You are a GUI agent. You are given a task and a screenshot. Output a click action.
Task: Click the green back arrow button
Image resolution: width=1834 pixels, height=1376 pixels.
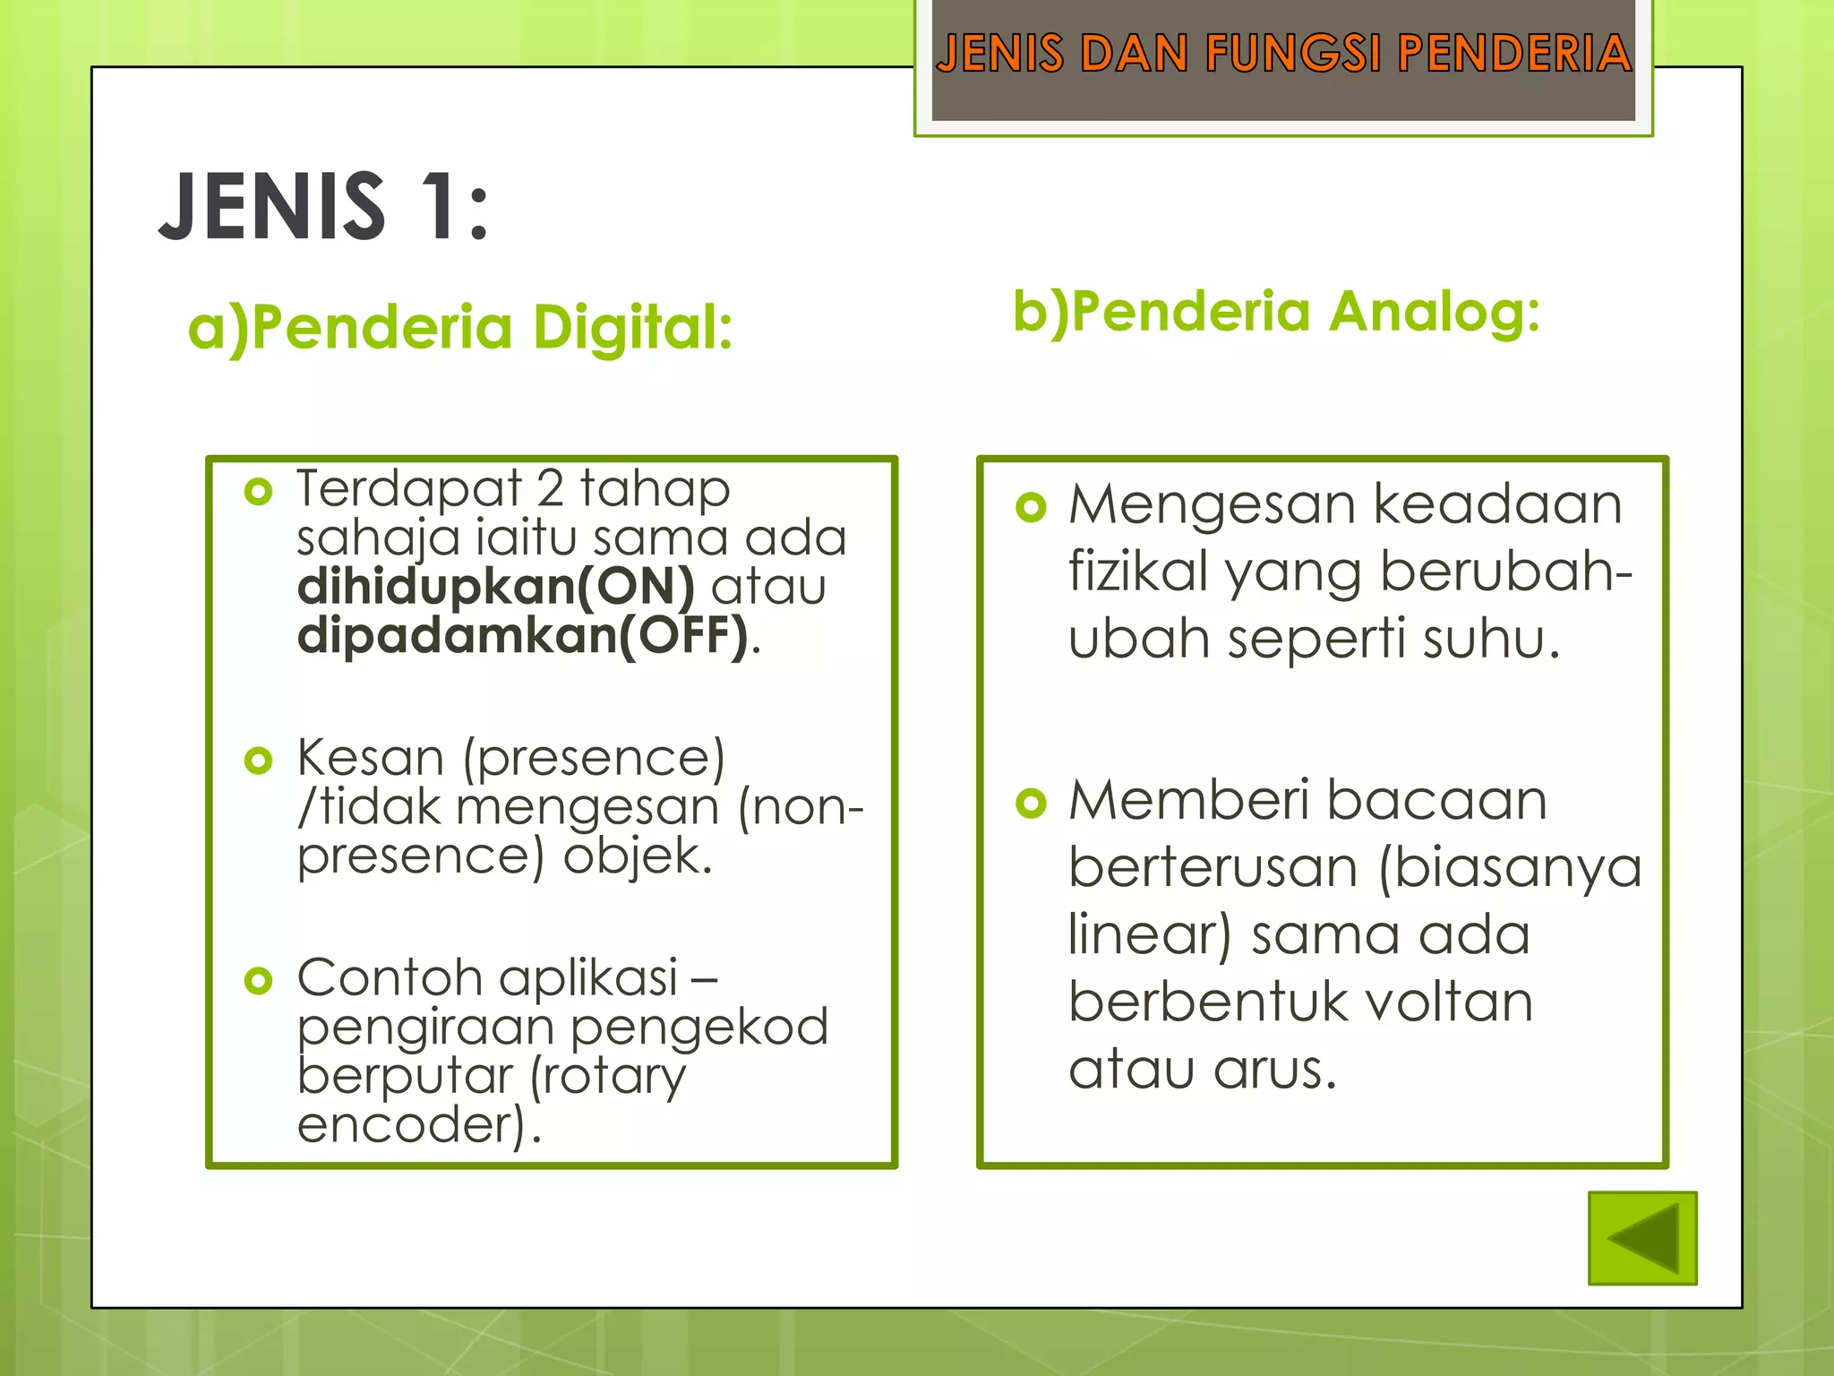(x=1642, y=1238)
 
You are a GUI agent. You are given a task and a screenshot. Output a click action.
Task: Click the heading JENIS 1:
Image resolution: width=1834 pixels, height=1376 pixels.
(x=323, y=207)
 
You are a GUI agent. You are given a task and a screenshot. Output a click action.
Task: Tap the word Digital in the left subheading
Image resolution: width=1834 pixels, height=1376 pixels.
(x=632, y=328)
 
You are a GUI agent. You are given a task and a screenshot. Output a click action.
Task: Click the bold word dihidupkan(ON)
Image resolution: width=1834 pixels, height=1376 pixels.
(x=495, y=587)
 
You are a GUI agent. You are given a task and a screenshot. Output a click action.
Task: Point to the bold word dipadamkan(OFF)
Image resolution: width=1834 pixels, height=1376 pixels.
(x=522, y=635)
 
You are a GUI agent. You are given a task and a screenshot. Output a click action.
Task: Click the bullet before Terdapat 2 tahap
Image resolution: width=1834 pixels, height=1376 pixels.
(x=258, y=492)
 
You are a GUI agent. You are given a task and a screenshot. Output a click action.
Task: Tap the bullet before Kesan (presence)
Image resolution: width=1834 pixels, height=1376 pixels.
(x=258, y=761)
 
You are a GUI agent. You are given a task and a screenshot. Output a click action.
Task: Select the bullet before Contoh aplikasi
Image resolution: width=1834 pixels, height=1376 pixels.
(x=258, y=980)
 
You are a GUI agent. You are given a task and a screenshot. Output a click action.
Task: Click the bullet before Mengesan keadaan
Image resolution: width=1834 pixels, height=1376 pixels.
(x=1031, y=507)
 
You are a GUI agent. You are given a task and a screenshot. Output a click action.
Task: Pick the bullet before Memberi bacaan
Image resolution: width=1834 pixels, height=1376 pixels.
(x=1031, y=803)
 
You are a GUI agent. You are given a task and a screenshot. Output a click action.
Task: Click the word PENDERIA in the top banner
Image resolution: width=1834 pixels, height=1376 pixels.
(x=1514, y=54)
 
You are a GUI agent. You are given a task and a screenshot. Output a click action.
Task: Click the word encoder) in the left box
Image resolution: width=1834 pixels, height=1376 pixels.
(x=411, y=1125)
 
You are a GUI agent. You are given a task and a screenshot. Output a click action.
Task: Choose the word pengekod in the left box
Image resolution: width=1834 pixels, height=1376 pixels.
(x=699, y=1028)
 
